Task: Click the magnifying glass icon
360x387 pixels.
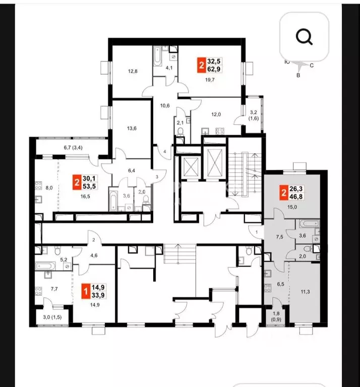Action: point(304,37)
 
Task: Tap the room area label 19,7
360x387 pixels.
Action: point(210,80)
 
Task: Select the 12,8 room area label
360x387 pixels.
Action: point(133,72)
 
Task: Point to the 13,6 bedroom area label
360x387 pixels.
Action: point(132,128)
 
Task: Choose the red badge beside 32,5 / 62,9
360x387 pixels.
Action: point(202,65)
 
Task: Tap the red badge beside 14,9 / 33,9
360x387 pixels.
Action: point(86,291)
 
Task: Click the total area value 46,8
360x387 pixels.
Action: point(296,197)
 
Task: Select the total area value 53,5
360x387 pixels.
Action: point(89,186)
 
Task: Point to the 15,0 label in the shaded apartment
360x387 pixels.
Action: point(292,207)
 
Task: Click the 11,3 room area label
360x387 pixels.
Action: point(305,292)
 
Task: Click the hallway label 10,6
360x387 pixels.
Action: point(165,106)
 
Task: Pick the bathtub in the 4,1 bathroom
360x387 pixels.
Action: point(157,56)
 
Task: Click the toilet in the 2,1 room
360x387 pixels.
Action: point(180,131)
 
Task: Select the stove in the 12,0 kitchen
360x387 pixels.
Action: point(220,131)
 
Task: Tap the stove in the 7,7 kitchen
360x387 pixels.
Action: point(38,291)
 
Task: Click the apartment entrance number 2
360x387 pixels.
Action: point(94,240)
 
